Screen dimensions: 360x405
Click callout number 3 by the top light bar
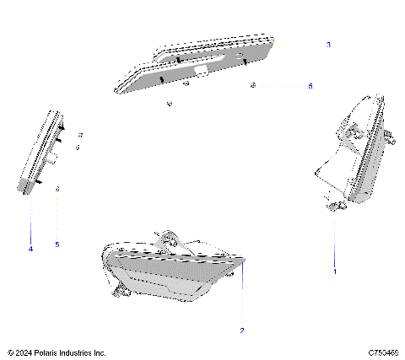tap(328, 44)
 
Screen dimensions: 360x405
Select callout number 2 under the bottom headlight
tap(242, 330)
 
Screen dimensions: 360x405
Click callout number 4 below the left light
tap(30, 248)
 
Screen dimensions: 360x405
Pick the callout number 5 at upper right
tap(310, 86)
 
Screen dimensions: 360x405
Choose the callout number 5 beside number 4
tap(57, 244)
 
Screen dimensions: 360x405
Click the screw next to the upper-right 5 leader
tap(253, 86)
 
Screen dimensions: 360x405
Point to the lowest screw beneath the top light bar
tap(170, 104)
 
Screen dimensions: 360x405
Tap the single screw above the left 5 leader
tap(57, 190)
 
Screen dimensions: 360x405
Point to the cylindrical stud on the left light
tap(53, 158)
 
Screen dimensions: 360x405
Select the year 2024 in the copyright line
tap(24, 352)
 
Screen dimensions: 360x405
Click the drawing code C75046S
tap(384, 352)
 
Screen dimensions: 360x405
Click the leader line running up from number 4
tap(31, 219)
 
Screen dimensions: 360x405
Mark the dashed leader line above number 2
tap(242, 295)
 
